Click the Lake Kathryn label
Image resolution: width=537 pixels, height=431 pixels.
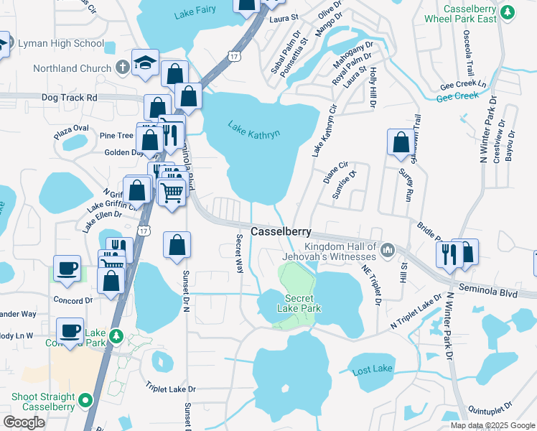pyautogui.click(x=253, y=129)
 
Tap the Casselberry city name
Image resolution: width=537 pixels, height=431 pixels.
pyautogui.click(x=281, y=231)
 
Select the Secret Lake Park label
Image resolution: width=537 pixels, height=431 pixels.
pyautogui.click(x=300, y=303)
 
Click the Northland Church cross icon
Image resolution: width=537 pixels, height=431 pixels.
pyautogui.click(x=123, y=68)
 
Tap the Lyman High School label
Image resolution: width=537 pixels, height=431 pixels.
pyautogui.click(x=69, y=44)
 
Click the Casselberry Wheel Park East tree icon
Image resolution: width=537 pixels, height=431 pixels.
pyautogui.click(x=508, y=12)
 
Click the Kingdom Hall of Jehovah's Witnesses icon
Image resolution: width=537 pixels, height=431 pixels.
pyautogui.click(x=388, y=249)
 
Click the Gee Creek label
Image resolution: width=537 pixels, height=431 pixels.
pyautogui.click(x=457, y=96)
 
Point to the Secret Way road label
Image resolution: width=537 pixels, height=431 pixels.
pyautogui.click(x=240, y=252)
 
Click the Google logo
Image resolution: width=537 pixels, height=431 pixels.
pyautogui.click(x=24, y=422)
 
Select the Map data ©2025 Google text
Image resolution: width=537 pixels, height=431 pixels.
pyautogui.click(x=492, y=425)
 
